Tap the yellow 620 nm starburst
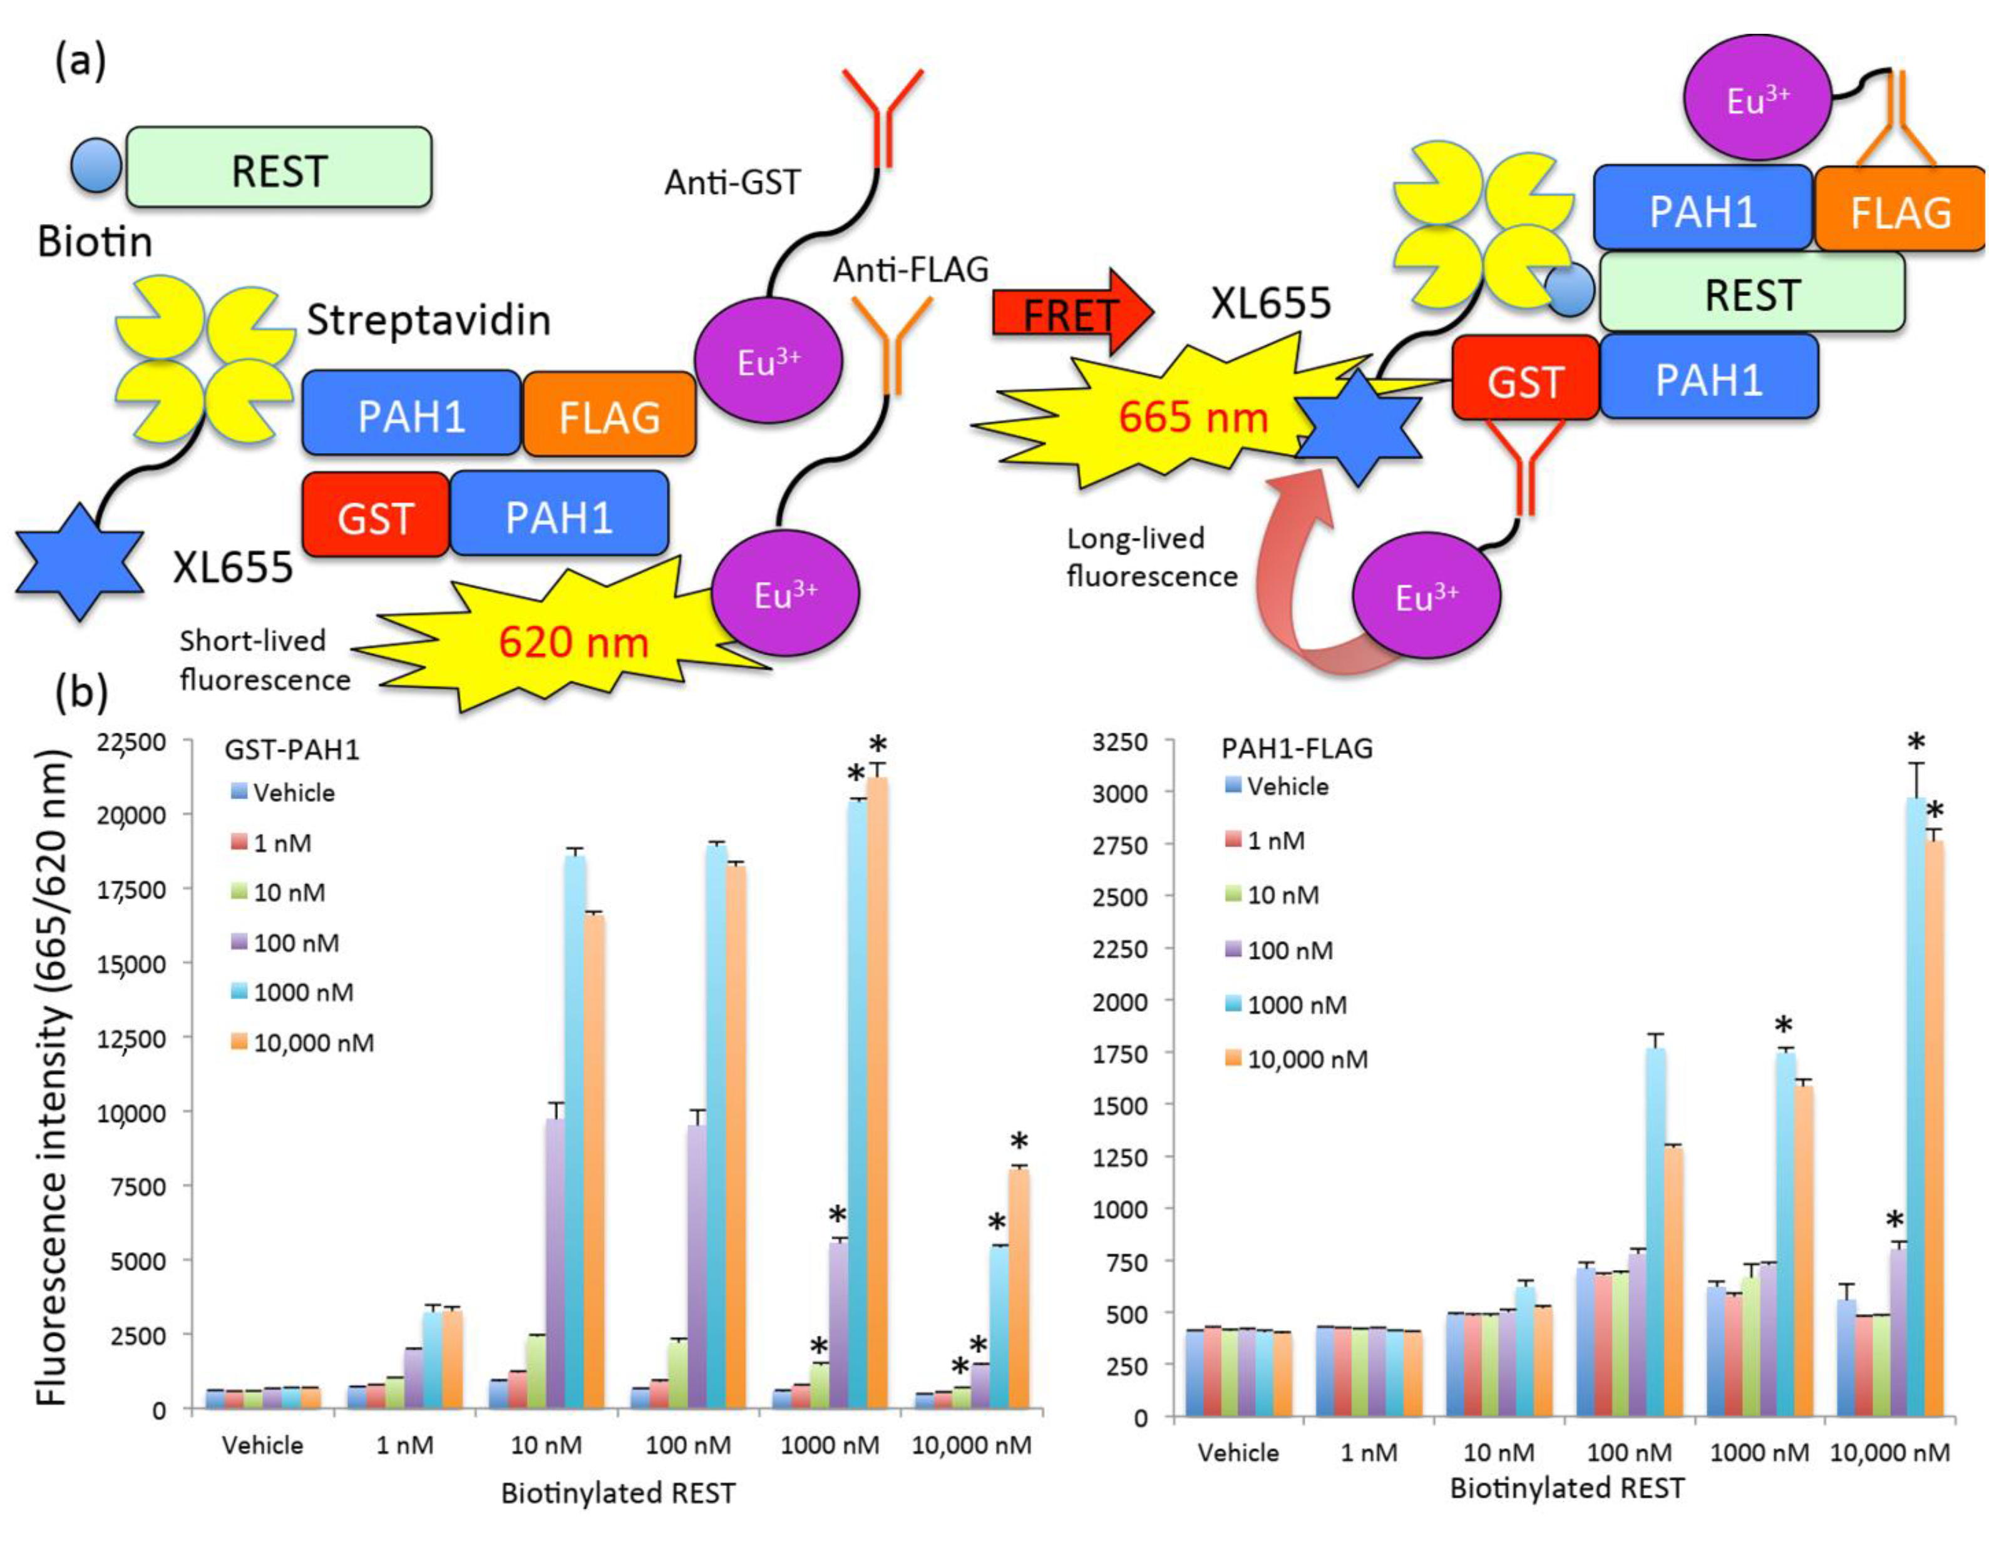tap(573, 642)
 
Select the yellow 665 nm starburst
tap(1184, 417)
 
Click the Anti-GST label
tap(732, 183)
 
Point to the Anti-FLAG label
tap(911, 270)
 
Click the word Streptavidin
tap(428, 320)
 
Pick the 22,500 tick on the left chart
tap(133, 742)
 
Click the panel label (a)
tap(80, 62)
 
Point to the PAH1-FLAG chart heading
tap(1297, 748)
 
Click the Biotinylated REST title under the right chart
tap(1566, 1487)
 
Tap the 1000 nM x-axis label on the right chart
tap(1759, 1452)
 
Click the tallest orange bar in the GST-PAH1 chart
tap(877, 1092)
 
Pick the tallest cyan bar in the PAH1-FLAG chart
tap(1915, 1106)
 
